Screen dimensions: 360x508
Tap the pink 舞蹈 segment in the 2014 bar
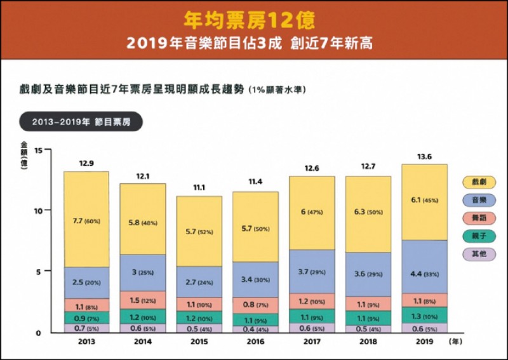tap(143, 300)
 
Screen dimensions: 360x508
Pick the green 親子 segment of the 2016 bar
tap(256, 321)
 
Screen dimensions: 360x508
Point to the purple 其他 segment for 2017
tap(312, 328)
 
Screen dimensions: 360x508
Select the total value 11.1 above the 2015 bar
tap(199, 189)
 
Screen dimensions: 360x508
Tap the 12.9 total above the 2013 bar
tap(86, 164)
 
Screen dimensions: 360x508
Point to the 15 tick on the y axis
tap(38, 150)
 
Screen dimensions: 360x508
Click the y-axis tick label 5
tap(38, 271)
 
